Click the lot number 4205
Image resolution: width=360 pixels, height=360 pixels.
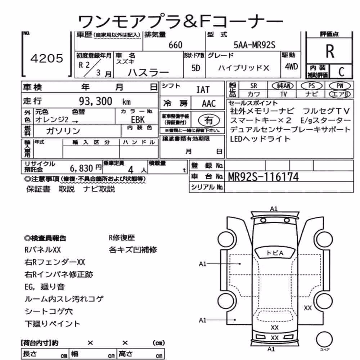point(46,58)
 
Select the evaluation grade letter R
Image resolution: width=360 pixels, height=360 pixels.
point(330,51)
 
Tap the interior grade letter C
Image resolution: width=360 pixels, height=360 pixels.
point(341,72)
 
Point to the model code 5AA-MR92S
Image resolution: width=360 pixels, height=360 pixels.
point(255,45)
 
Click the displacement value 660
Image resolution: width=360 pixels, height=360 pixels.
point(175,45)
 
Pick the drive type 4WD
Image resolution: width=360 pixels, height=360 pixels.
point(291,67)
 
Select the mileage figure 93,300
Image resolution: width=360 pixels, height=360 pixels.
point(95,101)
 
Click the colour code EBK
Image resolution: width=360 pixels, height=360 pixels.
point(138,120)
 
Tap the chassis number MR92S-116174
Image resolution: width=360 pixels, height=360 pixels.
point(263,177)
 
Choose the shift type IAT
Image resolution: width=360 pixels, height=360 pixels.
point(203,90)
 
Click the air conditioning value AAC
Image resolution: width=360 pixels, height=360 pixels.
point(209,104)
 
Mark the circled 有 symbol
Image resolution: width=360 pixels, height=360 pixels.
point(209,120)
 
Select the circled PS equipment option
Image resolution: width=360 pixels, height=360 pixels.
point(311,86)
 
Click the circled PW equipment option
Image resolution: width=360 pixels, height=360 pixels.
point(340,86)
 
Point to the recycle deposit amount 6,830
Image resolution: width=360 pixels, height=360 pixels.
point(81,168)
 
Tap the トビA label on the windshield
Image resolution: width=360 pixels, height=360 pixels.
point(275,253)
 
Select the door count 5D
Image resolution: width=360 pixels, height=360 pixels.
point(195,68)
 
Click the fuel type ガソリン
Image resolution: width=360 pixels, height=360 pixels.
point(63,131)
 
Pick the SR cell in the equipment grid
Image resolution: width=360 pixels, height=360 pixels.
point(253,86)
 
